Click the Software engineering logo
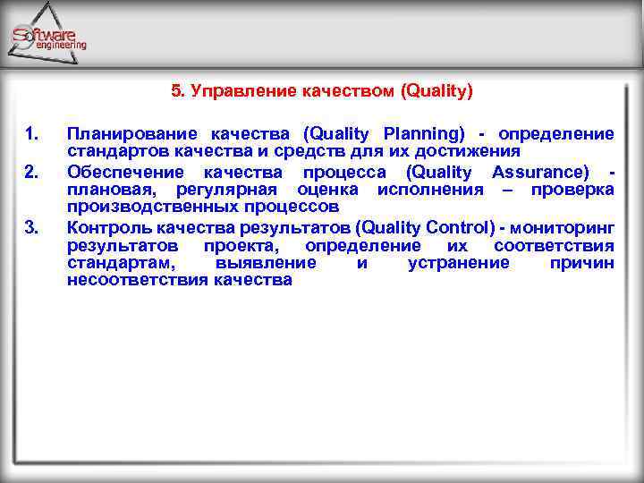(49, 36)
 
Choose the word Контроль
(103, 226)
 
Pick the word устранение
(458, 263)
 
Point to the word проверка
(572, 190)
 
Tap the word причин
(582, 263)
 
